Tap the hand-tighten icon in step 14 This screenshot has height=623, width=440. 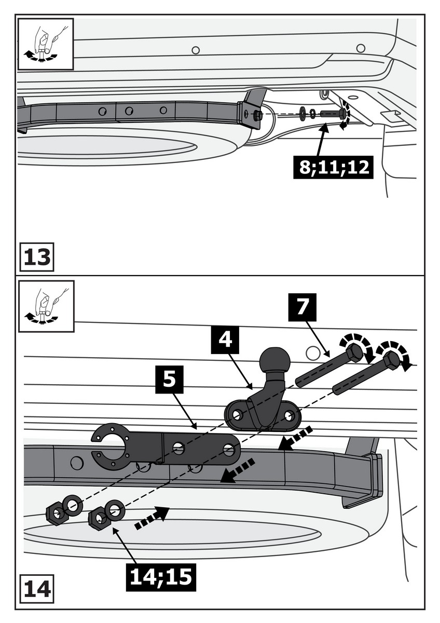(46, 306)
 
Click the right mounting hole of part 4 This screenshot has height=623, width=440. (290, 415)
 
